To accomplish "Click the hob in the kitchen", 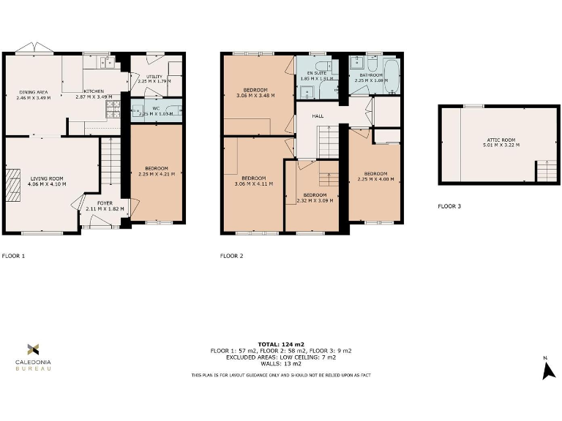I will coord(113,109).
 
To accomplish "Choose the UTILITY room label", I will coord(154,76).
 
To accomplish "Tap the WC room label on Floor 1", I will coord(155,108).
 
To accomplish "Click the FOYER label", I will coord(105,202).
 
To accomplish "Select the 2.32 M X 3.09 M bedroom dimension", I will coord(315,200).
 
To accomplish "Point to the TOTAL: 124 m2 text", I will coord(280,344).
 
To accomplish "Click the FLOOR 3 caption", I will coord(449,207).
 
